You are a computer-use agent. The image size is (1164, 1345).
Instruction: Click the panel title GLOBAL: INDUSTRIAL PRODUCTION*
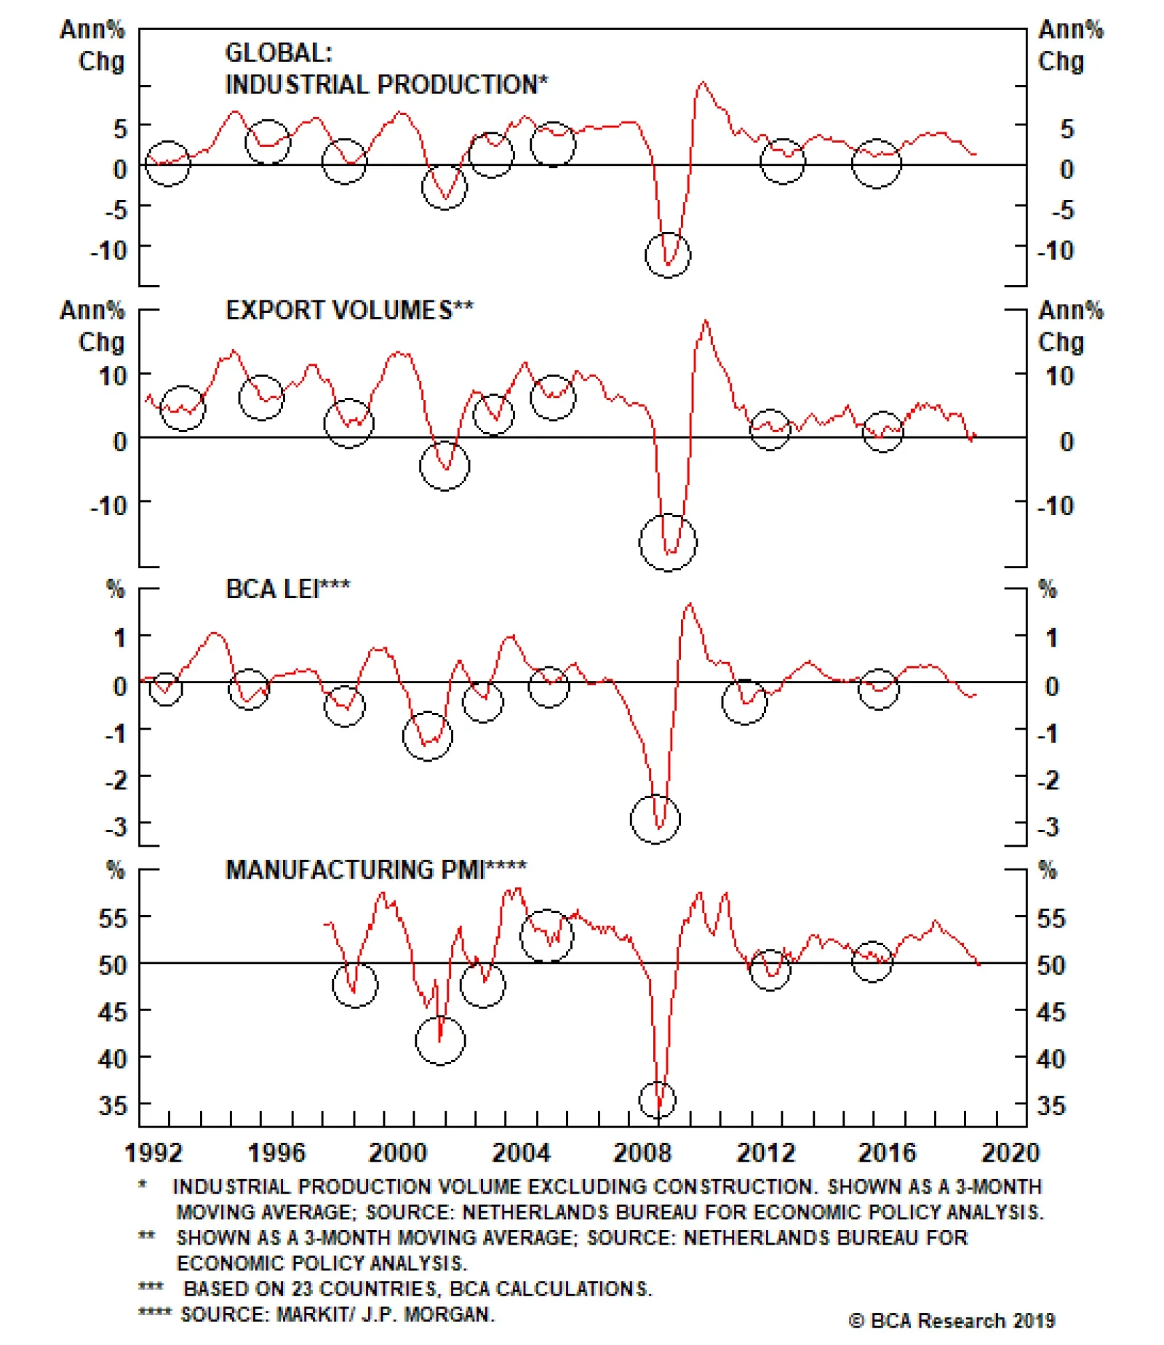pyautogui.click(x=386, y=69)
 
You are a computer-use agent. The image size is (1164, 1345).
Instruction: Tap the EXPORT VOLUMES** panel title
pyautogui.click(x=349, y=311)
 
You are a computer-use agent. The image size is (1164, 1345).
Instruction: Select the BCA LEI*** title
pyautogui.click(x=287, y=589)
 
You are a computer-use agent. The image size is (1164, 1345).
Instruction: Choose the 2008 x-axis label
pyautogui.click(x=642, y=1153)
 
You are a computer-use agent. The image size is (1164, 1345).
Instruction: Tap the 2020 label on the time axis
pyautogui.click(x=1010, y=1153)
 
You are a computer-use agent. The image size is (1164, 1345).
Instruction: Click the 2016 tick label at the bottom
pyautogui.click(x=887, y=1153)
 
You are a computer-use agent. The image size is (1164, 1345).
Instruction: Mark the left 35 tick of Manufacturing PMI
pyautogui.click(x=113, y=1106)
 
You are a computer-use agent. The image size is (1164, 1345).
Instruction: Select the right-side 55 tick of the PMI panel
pyautogui.click(x=1051, y=918)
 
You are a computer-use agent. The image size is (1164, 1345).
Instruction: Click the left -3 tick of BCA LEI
pyautogui.click(x=116, y=827)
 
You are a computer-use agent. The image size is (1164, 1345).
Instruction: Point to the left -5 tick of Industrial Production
pyautogui.click(x=116, y=209)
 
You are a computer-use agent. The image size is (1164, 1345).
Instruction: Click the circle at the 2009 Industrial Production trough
pyautogui.click(x=668, y=255)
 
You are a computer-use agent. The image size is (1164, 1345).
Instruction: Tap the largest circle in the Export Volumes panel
pyautogui.click(x=668, y=543)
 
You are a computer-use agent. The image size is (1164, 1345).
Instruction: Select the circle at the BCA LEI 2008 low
pyautogui.click(x=655, y=819)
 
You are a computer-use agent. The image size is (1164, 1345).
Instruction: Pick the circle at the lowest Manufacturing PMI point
pyautogui.click(x=658, y=1100)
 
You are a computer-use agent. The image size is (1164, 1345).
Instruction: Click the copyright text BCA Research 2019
pyautogui.click(x=952, y=1320)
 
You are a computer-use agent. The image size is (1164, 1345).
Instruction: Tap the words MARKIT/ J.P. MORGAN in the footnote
pyautogui.click(x=385, y=1314)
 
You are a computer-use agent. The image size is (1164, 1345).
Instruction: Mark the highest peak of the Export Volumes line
pyautogui.click(x=706, y=321)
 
